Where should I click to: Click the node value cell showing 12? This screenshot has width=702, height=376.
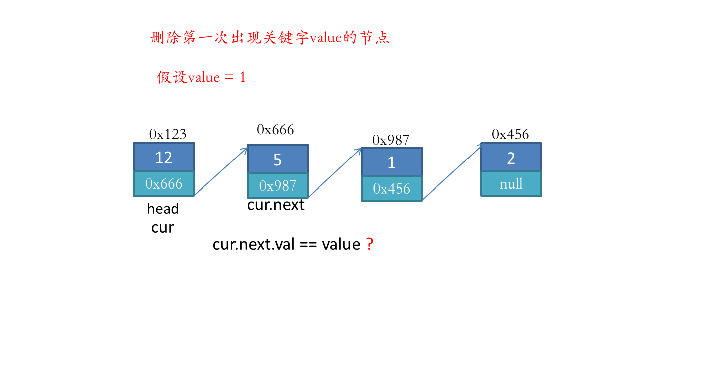(x=164, y=157)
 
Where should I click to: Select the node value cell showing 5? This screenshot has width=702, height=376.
(x=278, y=159)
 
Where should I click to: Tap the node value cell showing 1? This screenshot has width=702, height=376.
(x=392, y=162)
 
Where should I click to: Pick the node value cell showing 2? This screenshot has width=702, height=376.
(x=511, y=158)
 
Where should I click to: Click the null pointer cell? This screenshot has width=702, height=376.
(x=511, y=184)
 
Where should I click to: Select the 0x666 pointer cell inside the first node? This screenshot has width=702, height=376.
(x=164, y=183)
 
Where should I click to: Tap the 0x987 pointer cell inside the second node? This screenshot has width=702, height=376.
(x=278, y=185)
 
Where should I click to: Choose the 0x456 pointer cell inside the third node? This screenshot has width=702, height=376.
(x=392, y=189)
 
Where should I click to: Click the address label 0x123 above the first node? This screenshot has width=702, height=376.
(x=168, y=134)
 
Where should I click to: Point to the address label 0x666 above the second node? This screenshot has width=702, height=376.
(x=275, y=130)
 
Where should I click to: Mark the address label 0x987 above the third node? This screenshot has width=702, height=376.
(x=391, y=140)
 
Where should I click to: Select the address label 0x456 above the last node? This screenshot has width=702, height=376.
(x=510, y=134)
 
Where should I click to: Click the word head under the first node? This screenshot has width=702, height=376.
(x=163, y=209)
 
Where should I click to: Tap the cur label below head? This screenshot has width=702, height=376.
(x=162, y=228)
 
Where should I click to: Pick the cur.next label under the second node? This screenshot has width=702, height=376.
(x=276, y=205)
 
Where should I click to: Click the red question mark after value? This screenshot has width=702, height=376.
(x=370, y=244)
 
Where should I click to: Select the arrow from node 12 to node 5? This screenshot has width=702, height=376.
(x=220, y=172)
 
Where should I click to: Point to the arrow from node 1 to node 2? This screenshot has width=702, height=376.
(x=452, y=172)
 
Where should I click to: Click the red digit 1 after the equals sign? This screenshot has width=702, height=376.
(x=242, y=77)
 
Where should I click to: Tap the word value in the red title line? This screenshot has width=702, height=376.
(x=325, y=38)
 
